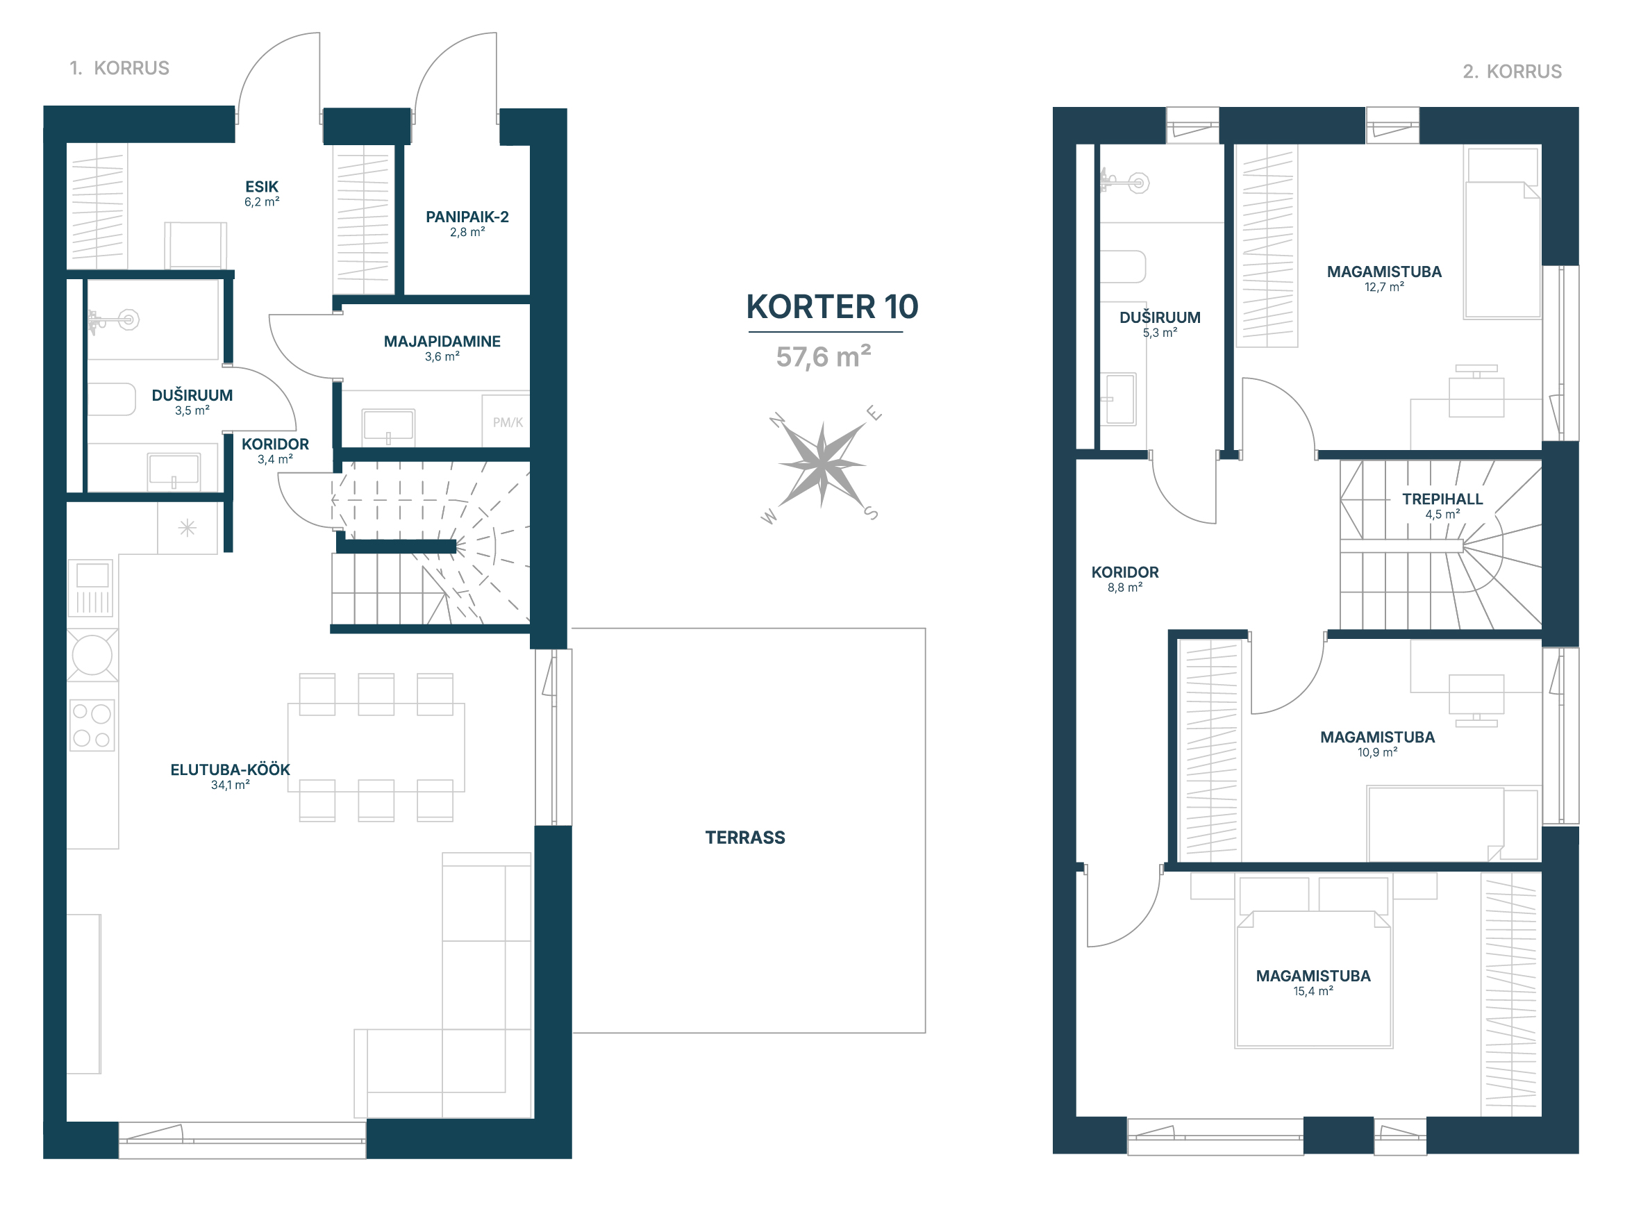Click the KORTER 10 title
832,307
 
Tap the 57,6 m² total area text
823,357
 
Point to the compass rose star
822,465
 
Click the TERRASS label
744,838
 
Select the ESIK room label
262,188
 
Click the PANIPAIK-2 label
467,217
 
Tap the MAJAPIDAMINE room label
442,342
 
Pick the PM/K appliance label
508,422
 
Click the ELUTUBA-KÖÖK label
230,770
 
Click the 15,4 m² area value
1313,992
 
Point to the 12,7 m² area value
1384,288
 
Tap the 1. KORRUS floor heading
119,68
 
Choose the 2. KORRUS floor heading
1512,72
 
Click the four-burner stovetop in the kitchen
92,725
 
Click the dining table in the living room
376,747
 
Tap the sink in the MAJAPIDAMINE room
388,426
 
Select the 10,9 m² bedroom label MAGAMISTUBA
1377,738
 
